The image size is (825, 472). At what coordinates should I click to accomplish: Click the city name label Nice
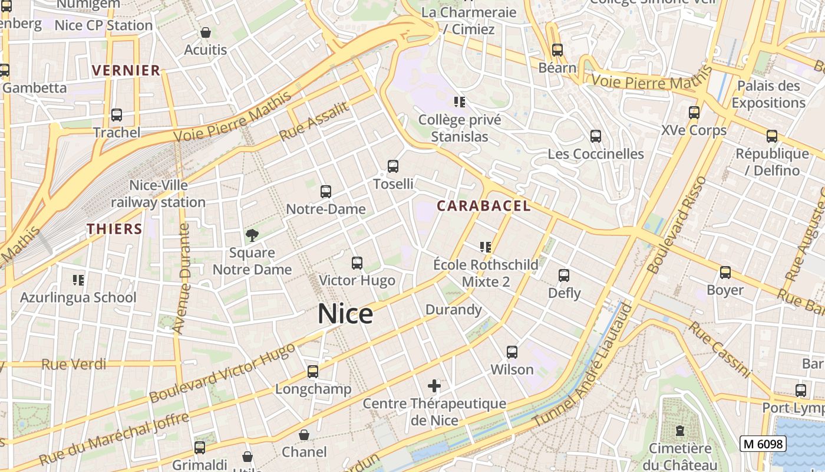coord(345,314)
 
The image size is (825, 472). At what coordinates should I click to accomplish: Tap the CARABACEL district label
coord(484,206)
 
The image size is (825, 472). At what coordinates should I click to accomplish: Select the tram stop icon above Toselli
coord(393,166)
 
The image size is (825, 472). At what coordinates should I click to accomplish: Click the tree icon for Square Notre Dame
coord(252,235)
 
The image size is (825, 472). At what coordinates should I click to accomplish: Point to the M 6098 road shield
coord(763,444)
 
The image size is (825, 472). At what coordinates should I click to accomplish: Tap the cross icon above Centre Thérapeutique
coord(434,386)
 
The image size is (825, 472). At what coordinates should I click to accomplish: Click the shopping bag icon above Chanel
coord(304,435)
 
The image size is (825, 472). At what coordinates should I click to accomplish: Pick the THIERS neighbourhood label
coord(115,229)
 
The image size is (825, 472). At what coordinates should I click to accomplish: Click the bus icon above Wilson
coord(512,352)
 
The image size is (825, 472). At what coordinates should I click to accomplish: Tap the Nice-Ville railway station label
coord(159,194)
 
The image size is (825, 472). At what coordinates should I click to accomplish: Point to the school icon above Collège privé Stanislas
coord(460,102)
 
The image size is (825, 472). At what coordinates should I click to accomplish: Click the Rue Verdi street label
coord(74,364)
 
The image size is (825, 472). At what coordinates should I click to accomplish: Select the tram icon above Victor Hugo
coord(357,263)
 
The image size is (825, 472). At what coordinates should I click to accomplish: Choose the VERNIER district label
coord(126,70)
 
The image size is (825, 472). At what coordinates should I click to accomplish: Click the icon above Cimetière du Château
coord(680,431)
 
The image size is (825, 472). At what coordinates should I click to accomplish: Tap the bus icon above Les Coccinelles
coord(596,136)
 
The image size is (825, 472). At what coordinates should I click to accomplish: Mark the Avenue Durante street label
coord(183,278)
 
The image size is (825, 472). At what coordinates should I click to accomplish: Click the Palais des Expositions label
coord(768,94)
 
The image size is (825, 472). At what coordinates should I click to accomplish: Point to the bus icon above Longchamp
coord(313,372)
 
